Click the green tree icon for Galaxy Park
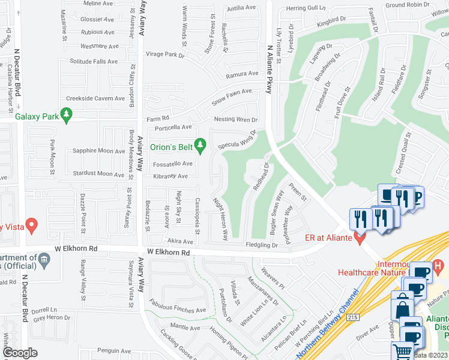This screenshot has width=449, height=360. coord(67,113)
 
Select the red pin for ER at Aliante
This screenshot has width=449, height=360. coord(360,238)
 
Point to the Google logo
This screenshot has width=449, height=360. coord(20,353)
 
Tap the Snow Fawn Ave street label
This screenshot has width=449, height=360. coord(230,97)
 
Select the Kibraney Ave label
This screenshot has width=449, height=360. coord(171,176)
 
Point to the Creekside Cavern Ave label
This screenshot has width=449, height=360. coord(95,98)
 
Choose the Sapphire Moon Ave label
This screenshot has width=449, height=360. coord(99,151)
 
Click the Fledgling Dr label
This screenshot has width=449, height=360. coord(262,245)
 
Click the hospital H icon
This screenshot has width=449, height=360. coord(439,265)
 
